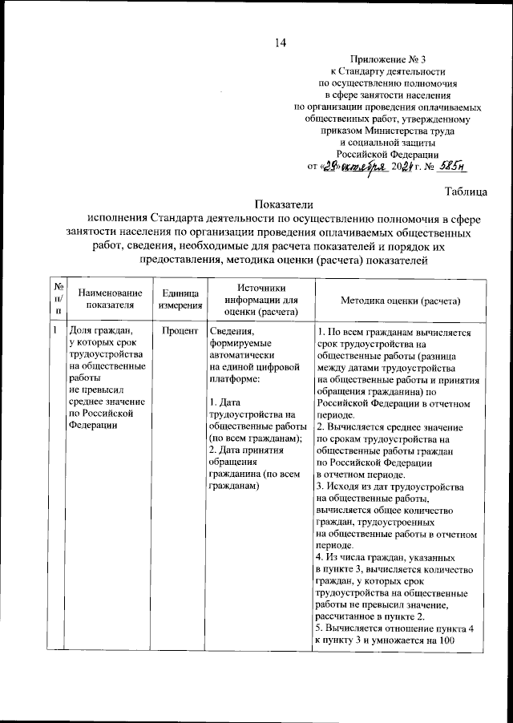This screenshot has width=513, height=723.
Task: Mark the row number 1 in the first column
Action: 55,330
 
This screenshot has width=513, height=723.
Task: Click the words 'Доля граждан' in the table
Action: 99,331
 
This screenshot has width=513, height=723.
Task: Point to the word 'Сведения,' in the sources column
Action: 231,331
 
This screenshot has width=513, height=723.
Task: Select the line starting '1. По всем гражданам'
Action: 393,331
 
